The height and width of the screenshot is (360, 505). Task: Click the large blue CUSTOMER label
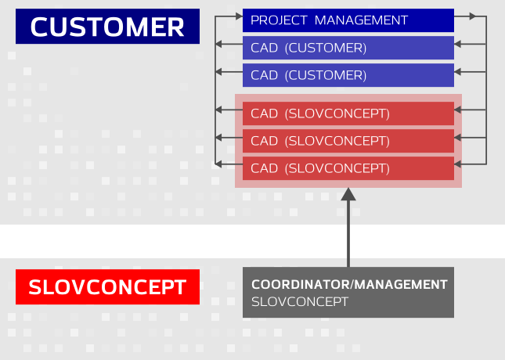pos(107,26)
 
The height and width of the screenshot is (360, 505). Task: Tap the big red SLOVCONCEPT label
pos(107,287)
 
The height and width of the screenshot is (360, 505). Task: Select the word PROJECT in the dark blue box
pos(279,20)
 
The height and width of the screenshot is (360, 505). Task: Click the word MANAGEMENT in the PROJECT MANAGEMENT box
pos(361,20)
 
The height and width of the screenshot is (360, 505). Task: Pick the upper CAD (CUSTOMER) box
pos(348,48)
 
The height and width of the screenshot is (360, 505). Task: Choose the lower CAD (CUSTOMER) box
pos(348,75)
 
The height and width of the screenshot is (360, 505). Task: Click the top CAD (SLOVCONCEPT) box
pos(348,113)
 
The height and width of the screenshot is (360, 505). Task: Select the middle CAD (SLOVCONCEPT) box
pos(348,141)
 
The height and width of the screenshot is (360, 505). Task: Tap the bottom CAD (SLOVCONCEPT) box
pos(348,168)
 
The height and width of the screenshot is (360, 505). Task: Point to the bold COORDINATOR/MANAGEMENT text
pos(349,284)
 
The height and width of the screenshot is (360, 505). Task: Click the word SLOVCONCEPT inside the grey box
pos(300,302)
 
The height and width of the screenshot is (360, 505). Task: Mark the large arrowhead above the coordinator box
pos(348,194)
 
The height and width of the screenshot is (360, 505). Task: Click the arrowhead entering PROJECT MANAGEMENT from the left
pos(239,16)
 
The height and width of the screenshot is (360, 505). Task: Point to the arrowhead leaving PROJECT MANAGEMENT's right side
pos(472,16)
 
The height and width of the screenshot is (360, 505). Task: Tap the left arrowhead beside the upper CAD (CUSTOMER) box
pos(218,44)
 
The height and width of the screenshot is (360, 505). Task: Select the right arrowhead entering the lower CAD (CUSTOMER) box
pos(458,72)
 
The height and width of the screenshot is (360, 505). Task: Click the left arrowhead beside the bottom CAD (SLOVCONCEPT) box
pos(218,164)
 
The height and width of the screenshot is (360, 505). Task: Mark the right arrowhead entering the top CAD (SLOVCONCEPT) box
pos(458,110)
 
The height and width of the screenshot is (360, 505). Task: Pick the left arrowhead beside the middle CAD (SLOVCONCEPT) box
pos(218,138)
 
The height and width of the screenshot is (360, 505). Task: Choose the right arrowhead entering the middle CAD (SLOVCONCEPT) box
pos(458,138)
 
